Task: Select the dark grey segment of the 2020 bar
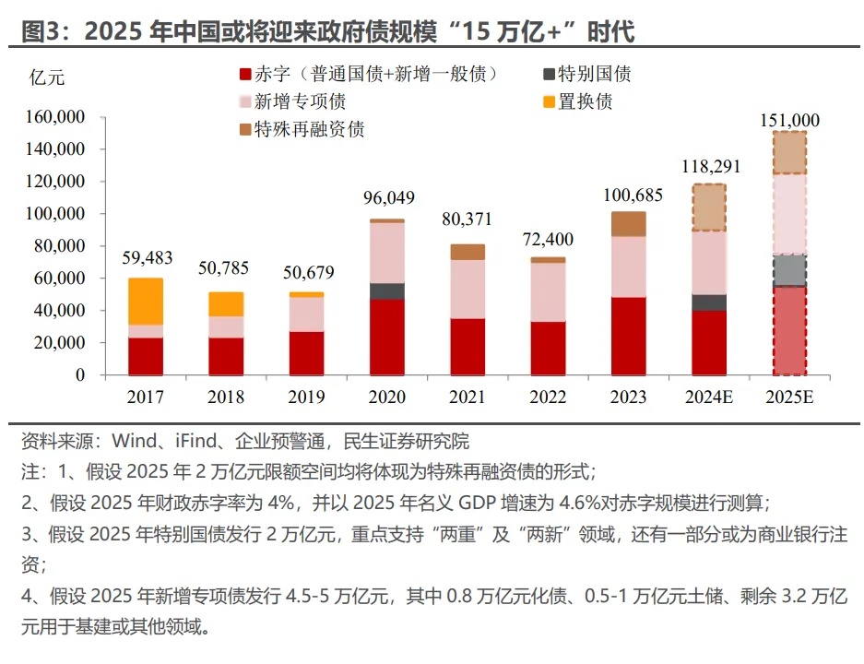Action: click(387, 290)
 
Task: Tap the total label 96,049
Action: click(387, 197)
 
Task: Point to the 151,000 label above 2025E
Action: click(790, 120)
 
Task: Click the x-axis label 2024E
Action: click(709, 398)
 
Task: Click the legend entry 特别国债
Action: click(595, 75)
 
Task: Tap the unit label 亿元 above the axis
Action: click(48, 77)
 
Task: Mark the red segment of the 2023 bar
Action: click(629, 336)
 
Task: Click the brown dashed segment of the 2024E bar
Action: click(709, 207)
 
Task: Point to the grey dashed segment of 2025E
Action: click(790, 270)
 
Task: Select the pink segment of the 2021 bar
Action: click(468, 289)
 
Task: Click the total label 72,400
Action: click(548, 240)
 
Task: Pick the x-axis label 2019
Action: click(306, 398)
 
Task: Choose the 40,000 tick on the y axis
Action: click(65, 311)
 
